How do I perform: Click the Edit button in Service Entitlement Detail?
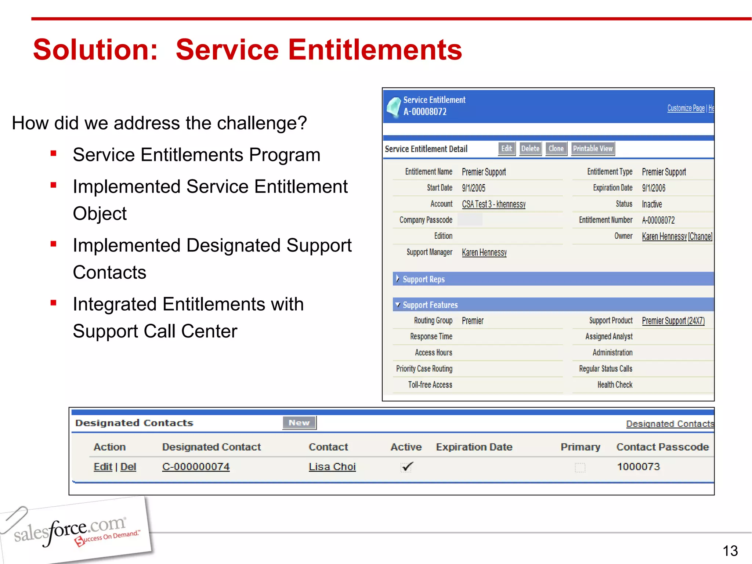pyautogui.click(x=506, y=149)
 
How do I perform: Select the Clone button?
pyautogui.click(x=556, y=149)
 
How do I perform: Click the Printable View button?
pyautogui.click(x=593, y=149)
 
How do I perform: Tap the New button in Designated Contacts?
pyautogui.click(x=299, y=423)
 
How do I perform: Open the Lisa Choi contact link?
pyautogui.click(x=332, y=467)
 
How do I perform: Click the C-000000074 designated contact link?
pyautogui.click(x=196, y=467)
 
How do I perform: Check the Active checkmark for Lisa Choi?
pyautogui.click(x=407, y=467)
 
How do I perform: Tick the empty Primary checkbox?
pyautogui.click(x=580, y=467)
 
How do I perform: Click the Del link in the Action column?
pyautogui.click(x=128, y=467)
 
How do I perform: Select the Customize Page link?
pyautogui.click(x=686, y=108)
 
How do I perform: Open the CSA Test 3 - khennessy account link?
pyautogui.click(x=493, y=204)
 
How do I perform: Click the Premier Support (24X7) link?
pyautogui.click(x=673, y=321)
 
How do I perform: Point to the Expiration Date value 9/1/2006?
pyautogui.click(x=654, y=188)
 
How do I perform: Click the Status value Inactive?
pyautogui.click(x=652, y=204)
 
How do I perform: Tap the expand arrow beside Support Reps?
pyautogui.click(x=397, y=279)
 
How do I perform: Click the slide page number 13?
pyautogui.click(x=730, y=551)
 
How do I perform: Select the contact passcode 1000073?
pyautogui.click(x=638, y=467)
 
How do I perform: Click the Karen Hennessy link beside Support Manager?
pyautogui.click(x=484, y=253)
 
